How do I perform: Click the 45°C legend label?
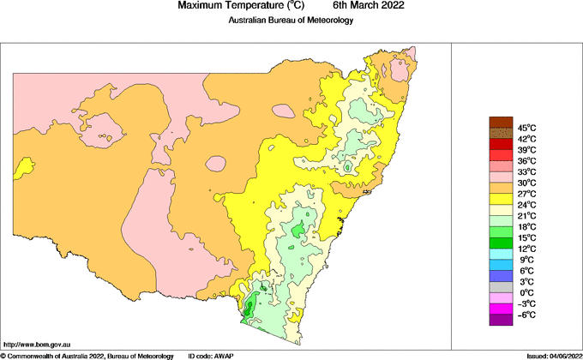(526, 128)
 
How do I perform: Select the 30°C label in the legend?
(526, 183)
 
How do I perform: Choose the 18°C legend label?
(526, 227)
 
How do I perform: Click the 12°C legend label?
(526, 249)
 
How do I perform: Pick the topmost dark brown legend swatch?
(500, 122)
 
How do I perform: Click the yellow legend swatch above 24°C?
(500, 199)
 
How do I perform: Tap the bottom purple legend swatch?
(500, 321)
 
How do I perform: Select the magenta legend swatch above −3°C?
(500, 298)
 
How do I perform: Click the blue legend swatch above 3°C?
(500, 276)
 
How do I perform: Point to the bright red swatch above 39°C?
(500, 144)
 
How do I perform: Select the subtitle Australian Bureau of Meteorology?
(291, 21)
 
